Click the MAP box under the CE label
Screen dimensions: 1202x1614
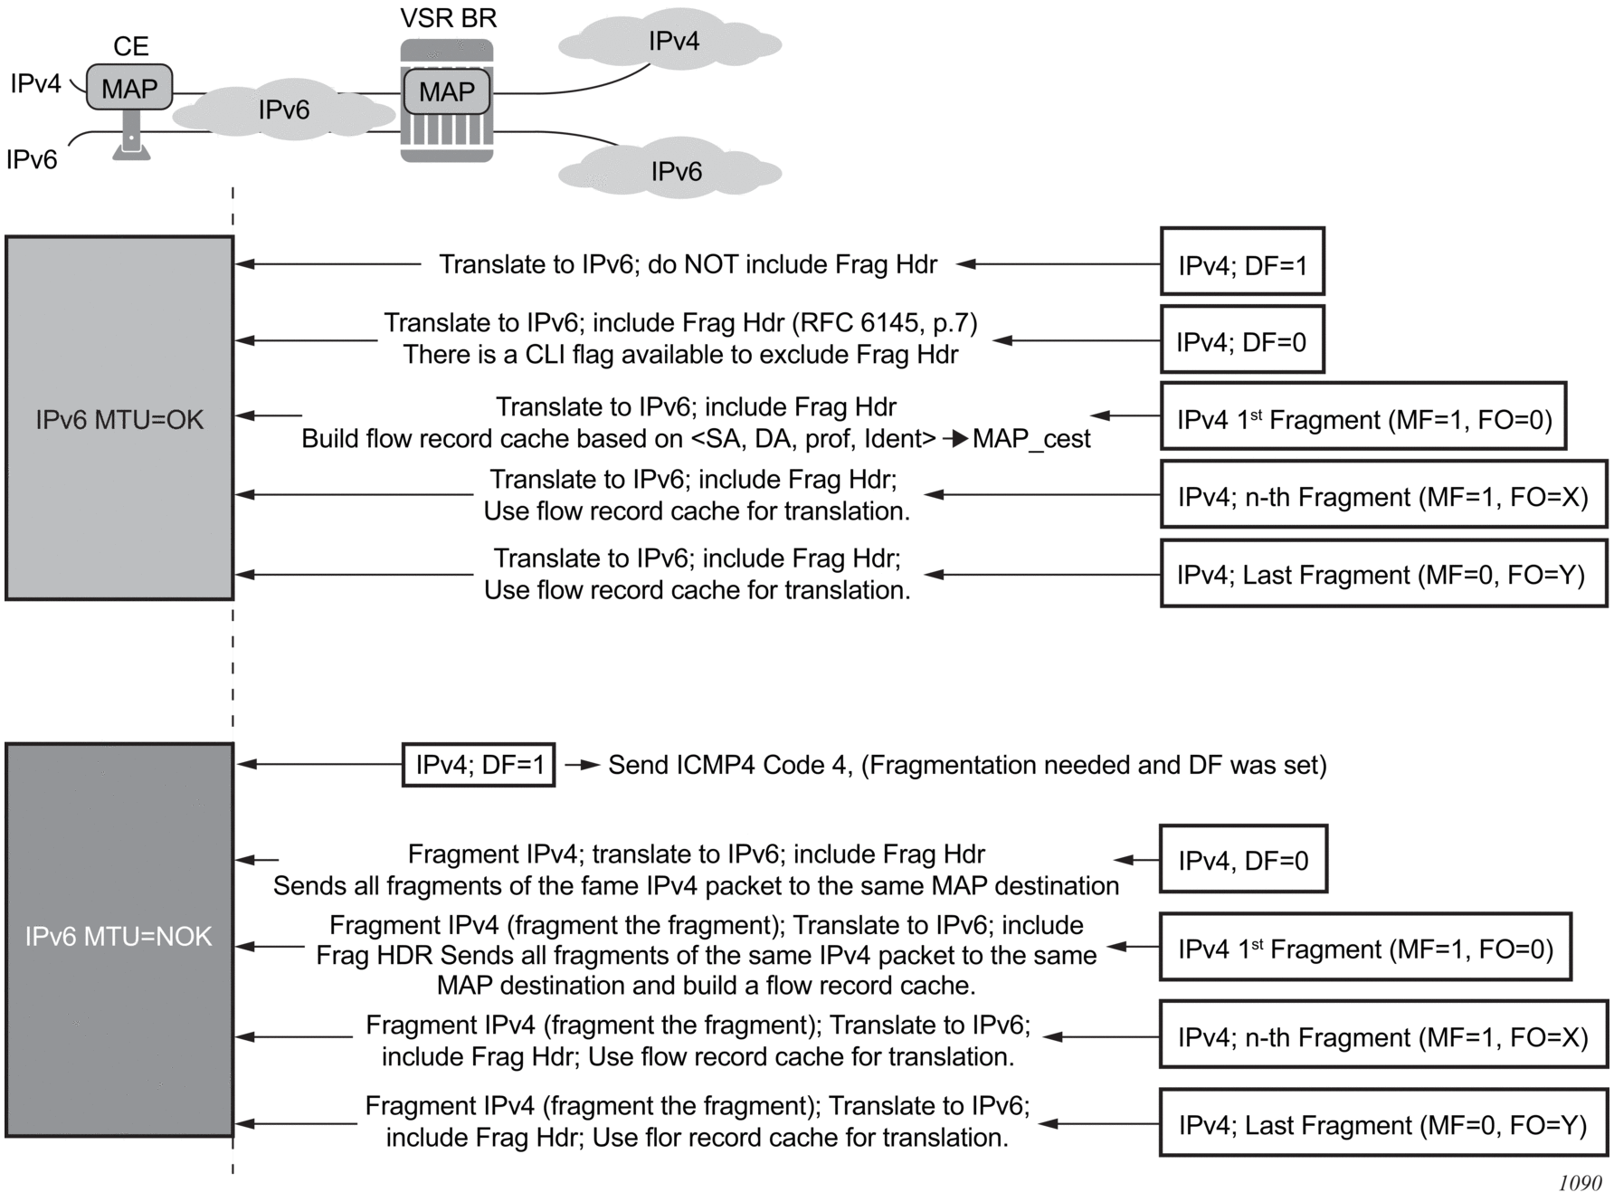click(x=129, y=88)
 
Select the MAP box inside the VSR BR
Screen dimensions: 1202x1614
click(x=447, y=91)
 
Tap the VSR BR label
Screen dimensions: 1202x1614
click(x=449, y=18)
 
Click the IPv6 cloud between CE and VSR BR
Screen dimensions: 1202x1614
click(x=284, y=110)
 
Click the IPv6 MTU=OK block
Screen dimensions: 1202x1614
click(x=119, y=418)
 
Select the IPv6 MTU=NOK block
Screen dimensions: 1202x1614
click(x=119, y=939)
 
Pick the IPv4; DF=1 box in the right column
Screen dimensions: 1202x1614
click(x=1242, y=262)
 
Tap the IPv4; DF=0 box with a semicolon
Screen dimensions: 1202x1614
click(x=1242, y=340)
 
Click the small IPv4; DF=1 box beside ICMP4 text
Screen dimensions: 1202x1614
click(x=479, y=765)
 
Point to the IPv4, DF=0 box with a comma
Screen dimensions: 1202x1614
click(x=1243, y=859)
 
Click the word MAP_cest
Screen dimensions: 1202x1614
click(x=1031, y=439)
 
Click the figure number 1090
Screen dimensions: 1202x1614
click(x=1580, y=1183)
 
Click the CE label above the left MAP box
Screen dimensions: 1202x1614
click(x=130, y=46)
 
